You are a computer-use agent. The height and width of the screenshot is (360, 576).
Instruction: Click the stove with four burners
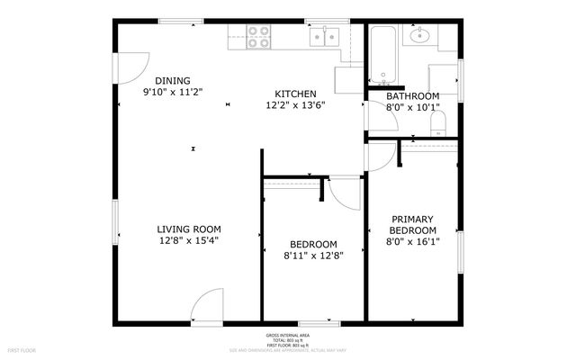coord(259,36)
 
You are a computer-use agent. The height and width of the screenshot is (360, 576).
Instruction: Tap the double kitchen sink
coord(324,36)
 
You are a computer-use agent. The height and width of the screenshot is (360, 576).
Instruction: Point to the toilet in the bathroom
coord(438,121)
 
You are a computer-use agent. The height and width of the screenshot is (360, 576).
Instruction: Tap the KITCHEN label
coord(294,94)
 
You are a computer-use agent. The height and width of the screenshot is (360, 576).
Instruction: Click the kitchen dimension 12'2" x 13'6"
coord(294,105)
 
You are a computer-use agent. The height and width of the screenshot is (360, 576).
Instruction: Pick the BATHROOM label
coord(412,96)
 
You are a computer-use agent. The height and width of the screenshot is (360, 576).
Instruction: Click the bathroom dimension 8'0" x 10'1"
coord(412,108)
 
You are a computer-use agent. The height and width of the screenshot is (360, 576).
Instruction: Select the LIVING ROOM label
coord(189,229)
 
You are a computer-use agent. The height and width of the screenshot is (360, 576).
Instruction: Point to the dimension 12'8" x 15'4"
coord(189,240)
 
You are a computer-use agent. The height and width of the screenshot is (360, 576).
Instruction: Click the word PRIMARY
coord(412,219)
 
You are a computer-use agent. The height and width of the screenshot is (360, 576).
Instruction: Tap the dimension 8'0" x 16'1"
coord(412,241)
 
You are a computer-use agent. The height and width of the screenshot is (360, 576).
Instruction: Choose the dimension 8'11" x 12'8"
coord(313,256)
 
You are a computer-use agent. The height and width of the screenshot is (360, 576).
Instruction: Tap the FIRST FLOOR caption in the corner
coord(21,349)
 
